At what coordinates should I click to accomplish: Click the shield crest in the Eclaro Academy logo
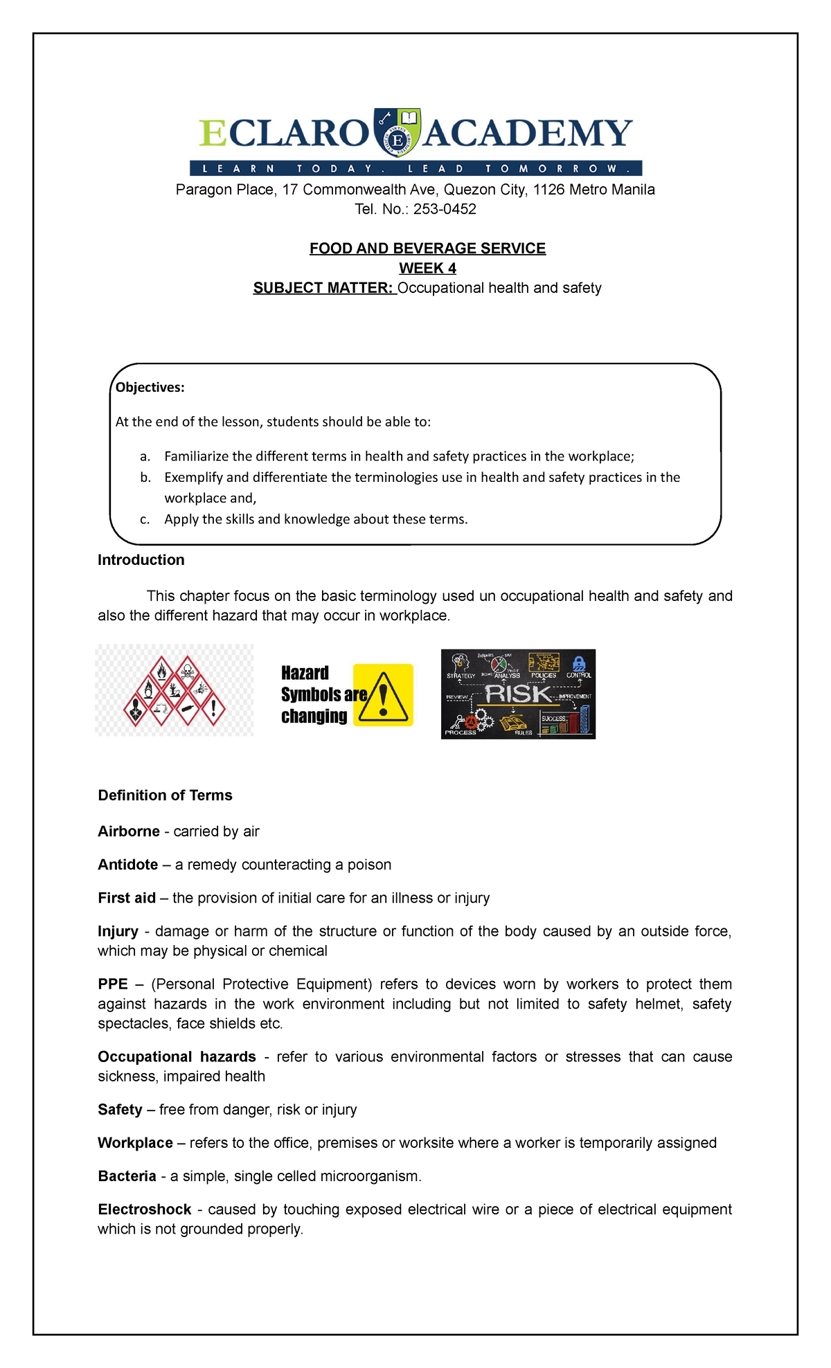(397, 132)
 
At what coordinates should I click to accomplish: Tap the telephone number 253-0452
(445, 209)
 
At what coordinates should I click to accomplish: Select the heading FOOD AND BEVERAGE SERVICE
(427, 249)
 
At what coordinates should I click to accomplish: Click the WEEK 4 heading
(427, 268)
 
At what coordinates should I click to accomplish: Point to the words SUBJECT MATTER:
(323, 288)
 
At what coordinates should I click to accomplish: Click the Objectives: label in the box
(150, 388)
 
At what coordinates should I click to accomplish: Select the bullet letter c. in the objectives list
(145, 519)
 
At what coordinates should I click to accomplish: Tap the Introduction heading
(141, 560)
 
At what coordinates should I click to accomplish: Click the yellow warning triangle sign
(384, 695)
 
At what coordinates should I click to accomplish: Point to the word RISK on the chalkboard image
(518, 694)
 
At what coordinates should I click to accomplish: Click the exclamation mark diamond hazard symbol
(214, 708)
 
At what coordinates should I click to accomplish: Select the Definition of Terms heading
(165, 795)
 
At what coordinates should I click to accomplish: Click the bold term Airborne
(129, 831)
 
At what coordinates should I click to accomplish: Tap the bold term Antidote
(128, 865)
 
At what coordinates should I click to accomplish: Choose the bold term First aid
(127, 898)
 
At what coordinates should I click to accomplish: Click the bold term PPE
(113, 984)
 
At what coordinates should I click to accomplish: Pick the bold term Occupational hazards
(177, 1056)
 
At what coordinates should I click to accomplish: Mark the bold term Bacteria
(127, 1176)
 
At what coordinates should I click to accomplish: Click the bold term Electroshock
(144, 1209)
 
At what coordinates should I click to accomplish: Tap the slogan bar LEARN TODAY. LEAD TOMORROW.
(415, 168)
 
